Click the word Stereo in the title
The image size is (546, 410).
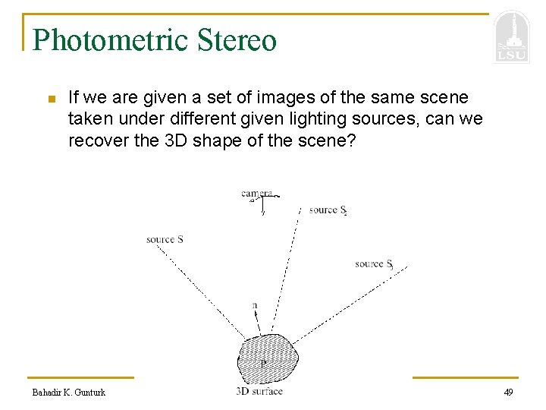tap(237, 39)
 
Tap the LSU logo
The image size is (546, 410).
tap(511, 38)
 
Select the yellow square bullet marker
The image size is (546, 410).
tap(51, 99)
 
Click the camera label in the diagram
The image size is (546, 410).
tap(256, 194)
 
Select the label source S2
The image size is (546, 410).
tap(328, 210)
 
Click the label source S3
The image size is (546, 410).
tap(374, 264)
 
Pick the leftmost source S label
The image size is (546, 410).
tap(165, 240)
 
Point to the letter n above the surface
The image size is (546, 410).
tap(255, 305)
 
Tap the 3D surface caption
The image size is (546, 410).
tap(259, 391)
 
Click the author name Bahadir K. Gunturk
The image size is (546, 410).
tap(69, 392)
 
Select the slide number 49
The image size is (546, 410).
tap(508, 392)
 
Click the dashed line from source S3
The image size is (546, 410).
tap(349, 304)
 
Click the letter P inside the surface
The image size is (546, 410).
tap(263, 364)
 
